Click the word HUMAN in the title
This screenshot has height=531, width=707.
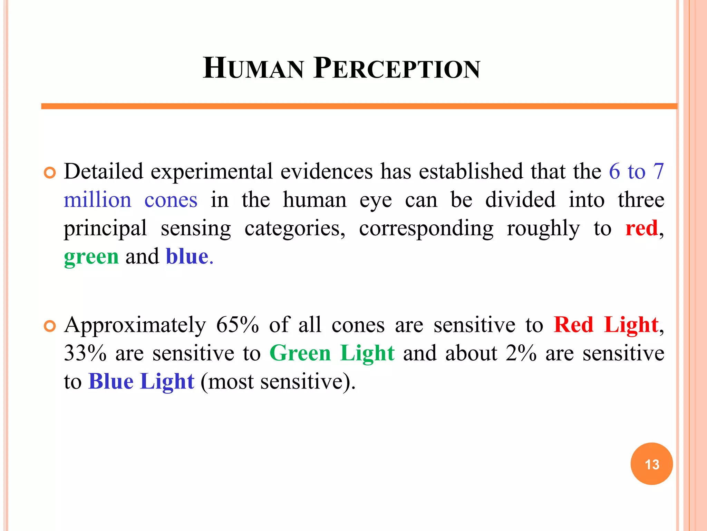(x=253, y=68)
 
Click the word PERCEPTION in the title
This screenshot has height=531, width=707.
(x=397, y=68)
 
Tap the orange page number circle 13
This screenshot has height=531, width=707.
(x=651, y=464)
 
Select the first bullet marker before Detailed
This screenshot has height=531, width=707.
(x=50, y=173)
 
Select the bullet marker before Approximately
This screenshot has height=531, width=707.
(x=50, y=326)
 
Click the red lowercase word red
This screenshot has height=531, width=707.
(x=641, y=229)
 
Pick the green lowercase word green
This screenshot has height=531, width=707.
(x=91, y=257)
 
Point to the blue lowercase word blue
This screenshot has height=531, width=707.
(x=187, y=257)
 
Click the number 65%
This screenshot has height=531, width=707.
(x=238, y=325)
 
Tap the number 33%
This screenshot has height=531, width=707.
(x=85, y=353)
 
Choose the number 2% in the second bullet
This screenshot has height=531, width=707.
(x=521, y=353)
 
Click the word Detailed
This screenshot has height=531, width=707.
(x=104, y=171)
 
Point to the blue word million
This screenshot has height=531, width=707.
(x=98, y=200)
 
